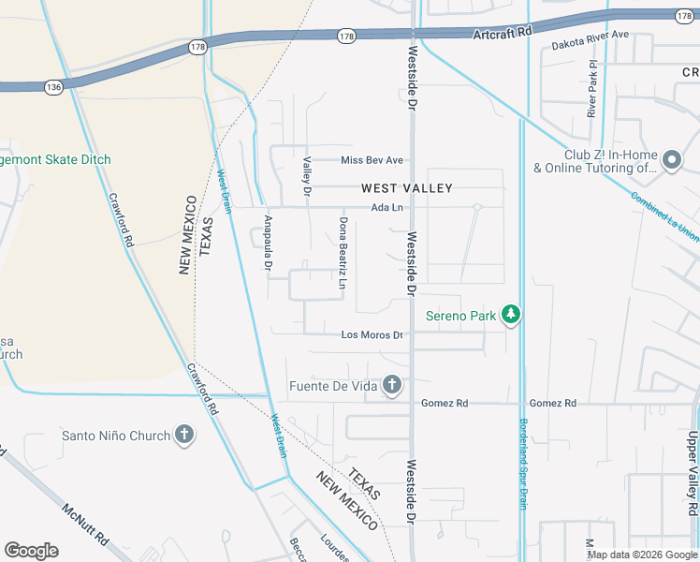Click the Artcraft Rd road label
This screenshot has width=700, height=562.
pos(502,31)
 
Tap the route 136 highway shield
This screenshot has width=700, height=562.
pos(53,87)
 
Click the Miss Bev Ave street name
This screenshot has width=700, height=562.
pos(372,160)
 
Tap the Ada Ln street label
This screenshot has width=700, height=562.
pos(386,208)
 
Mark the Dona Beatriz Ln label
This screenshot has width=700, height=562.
pos(343,253)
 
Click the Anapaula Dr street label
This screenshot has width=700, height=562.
pos(267,251)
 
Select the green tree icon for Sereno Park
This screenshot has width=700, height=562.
pos(511,315)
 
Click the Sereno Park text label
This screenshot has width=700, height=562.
pos(460,316)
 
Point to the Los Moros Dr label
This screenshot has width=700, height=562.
pos(372,334)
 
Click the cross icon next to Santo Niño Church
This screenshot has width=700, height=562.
pos(184,435)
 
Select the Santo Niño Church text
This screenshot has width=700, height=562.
pos(116,436)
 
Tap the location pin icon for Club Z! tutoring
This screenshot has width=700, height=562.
pos(671,161)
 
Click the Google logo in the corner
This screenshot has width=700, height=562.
pos(31,551)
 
